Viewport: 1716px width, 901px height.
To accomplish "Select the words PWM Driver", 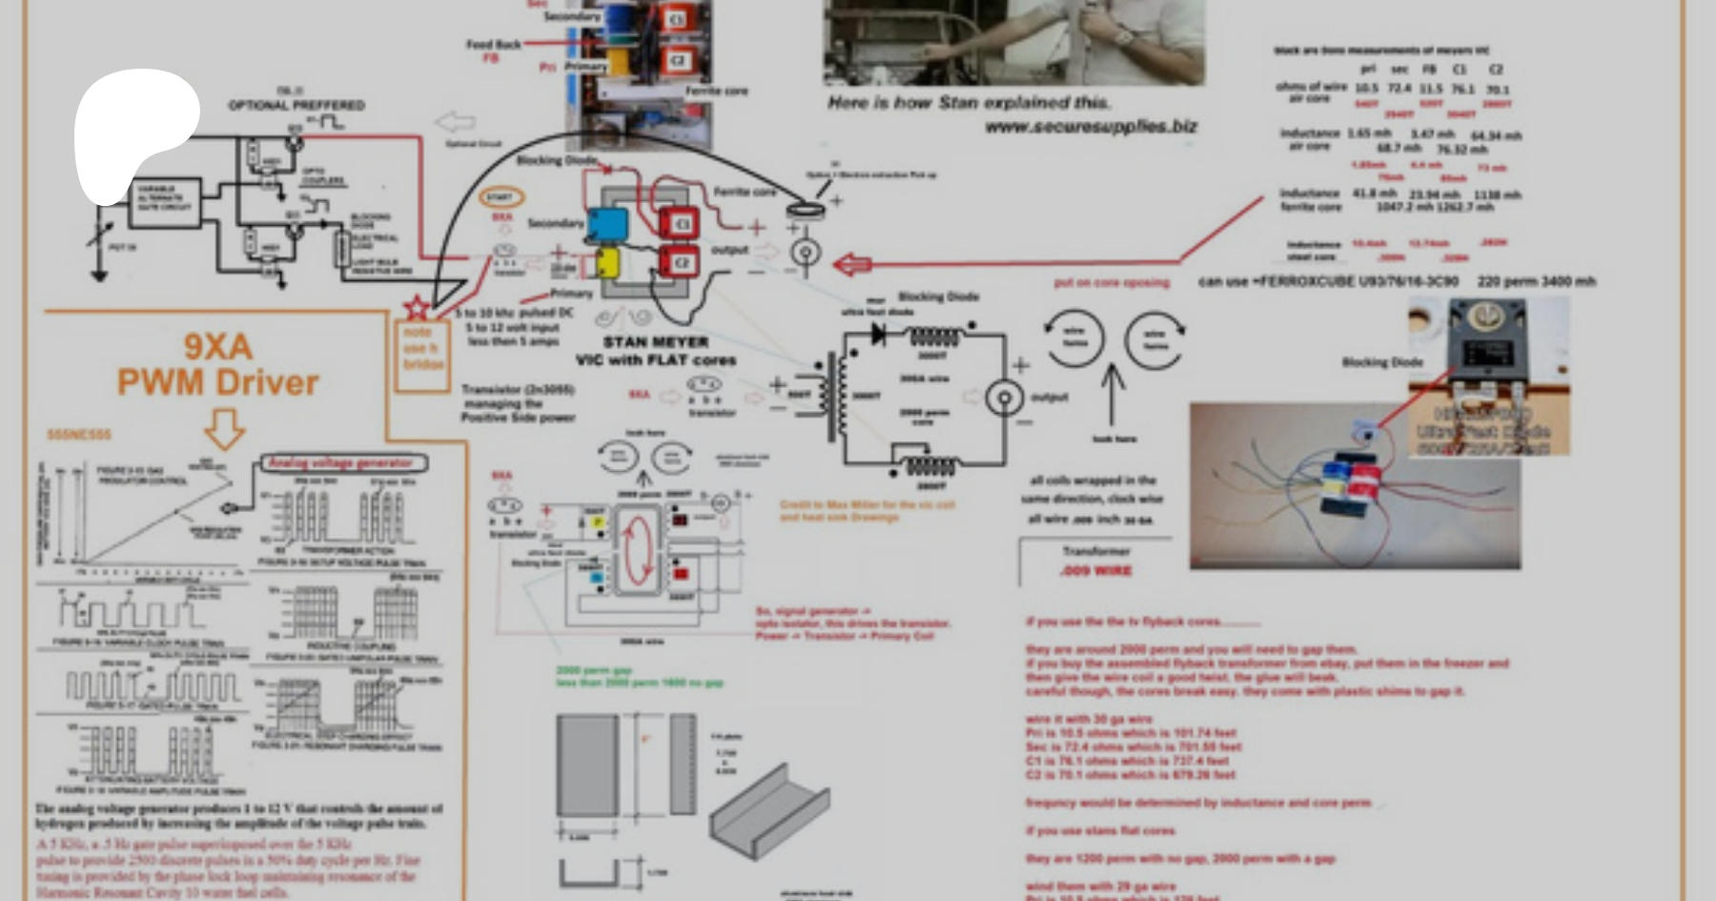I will tap(217, 382).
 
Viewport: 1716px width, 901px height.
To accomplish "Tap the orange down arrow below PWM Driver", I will tap(225, 429).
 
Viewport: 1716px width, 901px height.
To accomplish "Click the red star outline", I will tap(417, 308).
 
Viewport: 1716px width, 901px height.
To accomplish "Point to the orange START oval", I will tap(500, 198).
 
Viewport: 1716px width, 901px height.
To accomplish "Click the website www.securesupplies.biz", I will tap(1091, 126).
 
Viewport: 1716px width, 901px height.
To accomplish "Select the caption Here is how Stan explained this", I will tap(968, 102).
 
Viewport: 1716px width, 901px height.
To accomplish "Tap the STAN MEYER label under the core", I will tap(655, 341).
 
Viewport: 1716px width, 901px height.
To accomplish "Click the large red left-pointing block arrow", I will tap(851, 264).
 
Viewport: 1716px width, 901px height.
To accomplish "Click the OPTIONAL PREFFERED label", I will tap(296, 105).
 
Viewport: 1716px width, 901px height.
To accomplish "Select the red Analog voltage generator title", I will tap(340, 463).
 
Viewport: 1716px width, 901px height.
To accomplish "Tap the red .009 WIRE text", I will tap(1095, 570).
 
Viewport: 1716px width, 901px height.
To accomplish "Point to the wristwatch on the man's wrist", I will tap(1123, 38).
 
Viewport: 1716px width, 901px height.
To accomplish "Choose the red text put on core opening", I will tap(1111, 282).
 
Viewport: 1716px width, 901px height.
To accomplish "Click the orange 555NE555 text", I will tap(79, 435).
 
